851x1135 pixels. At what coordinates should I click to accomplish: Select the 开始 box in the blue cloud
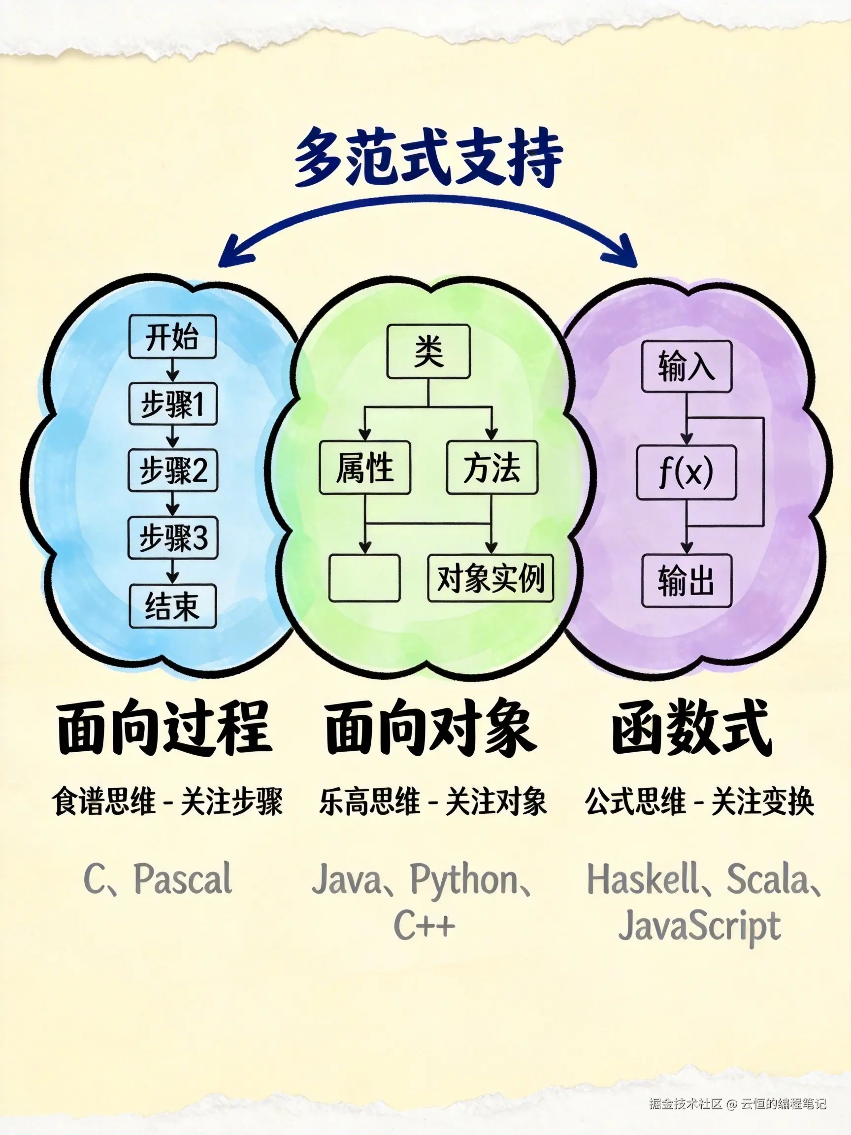pos(172,336)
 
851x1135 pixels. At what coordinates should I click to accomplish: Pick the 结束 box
pos(173,606)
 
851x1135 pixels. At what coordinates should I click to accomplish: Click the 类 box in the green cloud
pos(428,351)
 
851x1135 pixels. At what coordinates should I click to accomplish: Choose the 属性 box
pos(365,467)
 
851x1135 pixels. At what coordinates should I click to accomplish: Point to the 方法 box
pos(491,467)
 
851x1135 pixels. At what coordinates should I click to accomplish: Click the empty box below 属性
pos(364,578)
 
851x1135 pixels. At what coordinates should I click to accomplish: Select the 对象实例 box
pos(491,578)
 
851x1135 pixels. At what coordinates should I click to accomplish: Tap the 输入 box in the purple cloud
pos(687,367)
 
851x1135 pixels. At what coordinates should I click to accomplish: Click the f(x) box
pos(687,472)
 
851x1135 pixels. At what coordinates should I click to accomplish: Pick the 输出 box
pos(687,580)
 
